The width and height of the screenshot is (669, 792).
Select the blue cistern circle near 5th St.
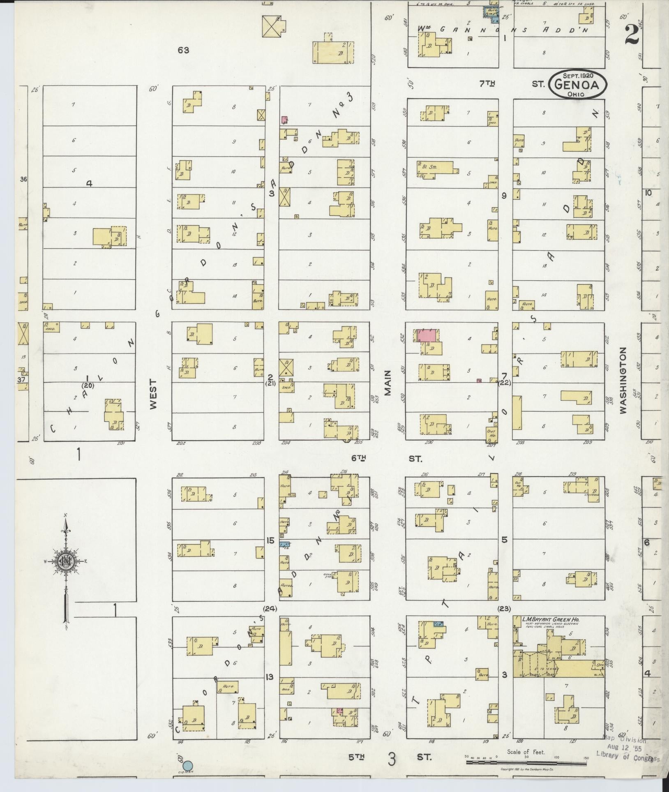coord(187,765)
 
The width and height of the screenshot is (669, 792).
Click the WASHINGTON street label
coord(623,380)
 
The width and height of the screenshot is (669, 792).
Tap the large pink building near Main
coord(427,335)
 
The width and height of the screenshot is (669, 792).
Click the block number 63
coord(183,50)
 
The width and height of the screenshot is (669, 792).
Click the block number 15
coord(270,540)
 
